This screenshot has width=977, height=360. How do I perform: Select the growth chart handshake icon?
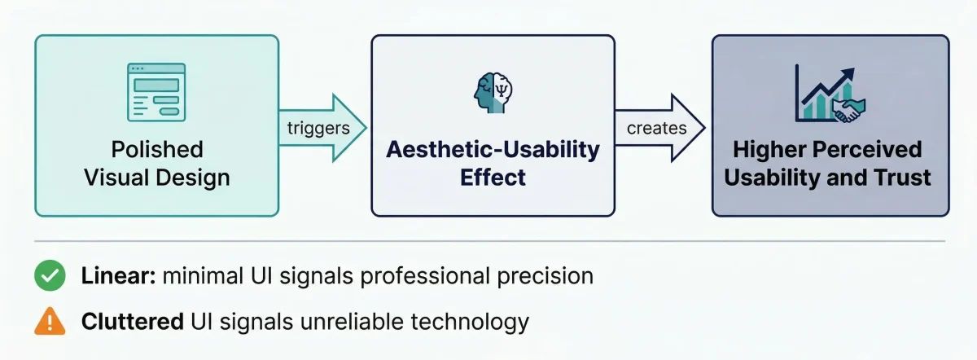pos(830,94)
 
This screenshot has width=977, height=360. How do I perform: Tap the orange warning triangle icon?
pos(50,323)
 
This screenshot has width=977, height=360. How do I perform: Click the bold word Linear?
pos(118,276)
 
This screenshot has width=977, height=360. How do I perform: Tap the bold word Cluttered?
pos(131,322)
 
